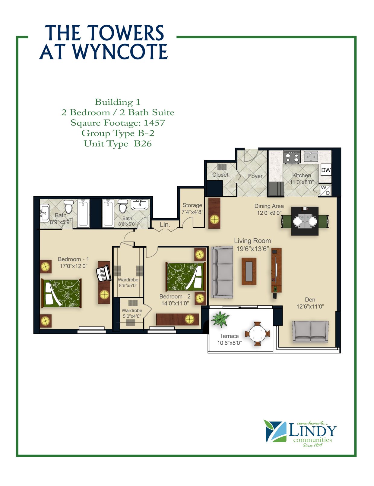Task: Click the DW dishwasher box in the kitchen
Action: [326, 170]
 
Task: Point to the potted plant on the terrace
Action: [220, 318]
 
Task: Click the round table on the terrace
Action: [258, 333]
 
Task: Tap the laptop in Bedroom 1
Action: [103, 273]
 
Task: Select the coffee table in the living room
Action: [249, 271]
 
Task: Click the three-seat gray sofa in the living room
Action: [222, 272]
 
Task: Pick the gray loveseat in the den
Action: [310, 332]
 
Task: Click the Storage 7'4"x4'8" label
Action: [192, 208]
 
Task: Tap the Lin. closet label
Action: [165, 225]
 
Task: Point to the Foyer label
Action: [255, 176]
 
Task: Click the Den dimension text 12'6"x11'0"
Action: [310, 306]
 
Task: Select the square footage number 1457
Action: [154, 123]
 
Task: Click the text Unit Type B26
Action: [118, 144]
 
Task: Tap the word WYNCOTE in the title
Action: [120, 52]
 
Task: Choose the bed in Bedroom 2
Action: [185, 276]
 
